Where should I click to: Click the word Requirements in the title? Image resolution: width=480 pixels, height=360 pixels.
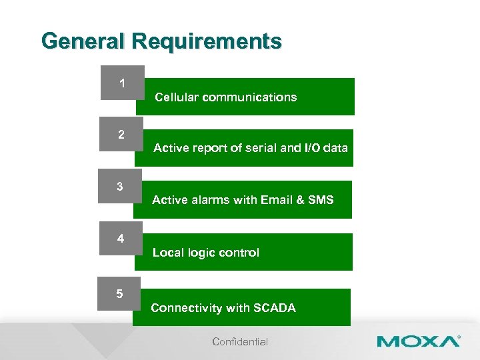click(x=207, y=41)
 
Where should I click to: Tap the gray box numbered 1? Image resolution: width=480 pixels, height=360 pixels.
click(x=122, y=83)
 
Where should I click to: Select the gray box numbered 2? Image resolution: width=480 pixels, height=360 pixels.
click(x=121, y=135)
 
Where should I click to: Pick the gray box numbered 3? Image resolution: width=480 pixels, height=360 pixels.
click(x=120, y=187)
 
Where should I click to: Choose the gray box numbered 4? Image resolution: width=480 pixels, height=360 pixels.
click(x=121, y=238)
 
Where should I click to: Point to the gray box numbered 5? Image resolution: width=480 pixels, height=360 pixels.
click(x=119, y=293)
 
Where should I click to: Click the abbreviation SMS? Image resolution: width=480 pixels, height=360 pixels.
click(x=321, y=200)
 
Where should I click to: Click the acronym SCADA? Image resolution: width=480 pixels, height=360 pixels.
click(x=274, y=308)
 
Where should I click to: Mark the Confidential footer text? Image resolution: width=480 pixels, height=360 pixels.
click(x=240, y=342)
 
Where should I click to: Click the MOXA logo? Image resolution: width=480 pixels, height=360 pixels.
click(x=418, y=341)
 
